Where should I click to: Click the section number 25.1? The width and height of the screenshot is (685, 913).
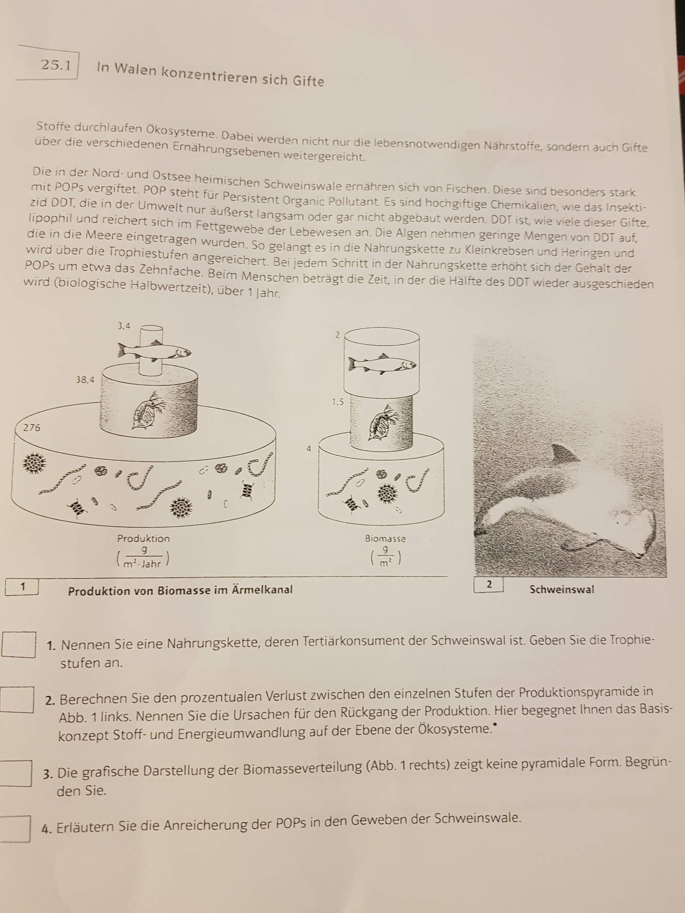(x=56, y=65)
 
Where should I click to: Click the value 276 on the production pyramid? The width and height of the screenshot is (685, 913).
(x=31, y=428)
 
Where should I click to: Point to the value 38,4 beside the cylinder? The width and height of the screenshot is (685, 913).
(x=85, y=380)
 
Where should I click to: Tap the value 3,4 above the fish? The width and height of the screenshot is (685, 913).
(x=124, y=326)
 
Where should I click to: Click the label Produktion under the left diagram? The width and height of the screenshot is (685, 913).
(x=143, y=539)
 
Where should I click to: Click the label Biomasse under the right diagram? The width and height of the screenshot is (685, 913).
(x=385, y=539)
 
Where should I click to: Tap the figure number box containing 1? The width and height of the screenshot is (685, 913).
(x=22, y=587)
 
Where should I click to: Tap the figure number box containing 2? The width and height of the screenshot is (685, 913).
(x=489, y=585)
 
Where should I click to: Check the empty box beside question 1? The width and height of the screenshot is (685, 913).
(x=19, y=644)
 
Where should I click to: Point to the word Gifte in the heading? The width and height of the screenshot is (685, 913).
(x=309, y=81)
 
